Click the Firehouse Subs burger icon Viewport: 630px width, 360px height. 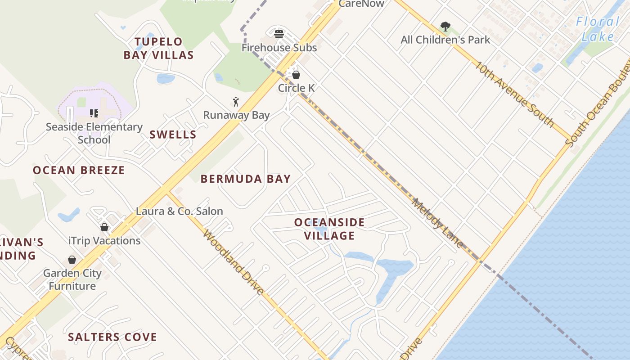tap(279, 34)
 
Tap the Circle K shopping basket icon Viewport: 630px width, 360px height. tap(296, 75)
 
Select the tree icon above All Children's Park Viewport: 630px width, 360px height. tap(445, 27)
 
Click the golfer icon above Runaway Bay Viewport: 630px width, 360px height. tap(236, 102)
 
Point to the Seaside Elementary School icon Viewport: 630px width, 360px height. tap(94, 113)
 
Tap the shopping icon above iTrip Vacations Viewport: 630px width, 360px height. tap(104, 227)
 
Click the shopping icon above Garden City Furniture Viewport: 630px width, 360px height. tap(72, 260)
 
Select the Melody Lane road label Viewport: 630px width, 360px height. tap(437, 223)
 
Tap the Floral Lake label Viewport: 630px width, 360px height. tap(598, 29)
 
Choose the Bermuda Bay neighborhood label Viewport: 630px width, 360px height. tap(246, 179)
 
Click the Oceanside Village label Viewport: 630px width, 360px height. tap(329, 229)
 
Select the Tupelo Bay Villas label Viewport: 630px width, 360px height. tap(159, 49)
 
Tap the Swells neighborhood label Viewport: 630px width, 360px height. tap(173, 135)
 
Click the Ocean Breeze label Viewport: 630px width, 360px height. tap(79, 170)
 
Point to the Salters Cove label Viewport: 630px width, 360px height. tap(112, 337)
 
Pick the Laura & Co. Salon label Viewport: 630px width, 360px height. tap(180, 211)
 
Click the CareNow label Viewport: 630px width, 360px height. tap(361, 4)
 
